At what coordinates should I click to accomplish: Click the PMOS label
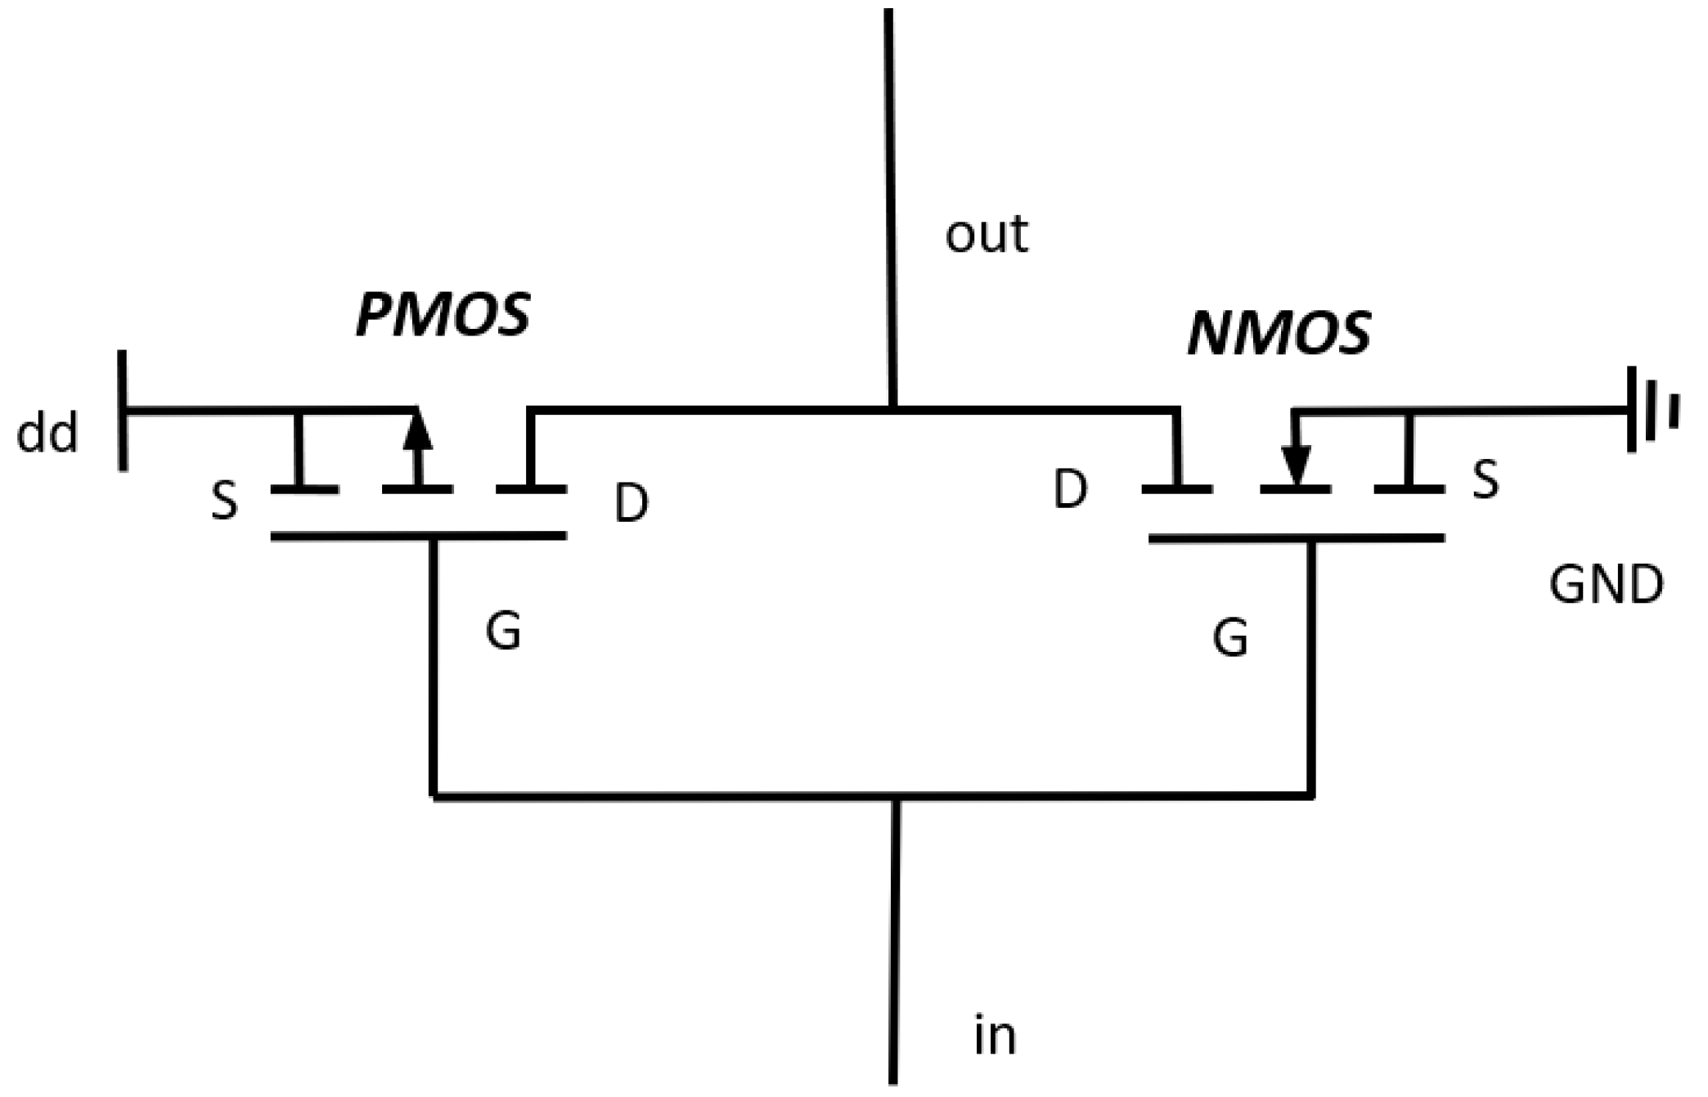(x=443, y=315)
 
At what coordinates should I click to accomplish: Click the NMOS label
(x=1279, y=334)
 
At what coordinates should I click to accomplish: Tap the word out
(x=986, y=235)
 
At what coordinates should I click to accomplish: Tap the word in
(x=995, y=1036)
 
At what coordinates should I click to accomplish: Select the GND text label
(x=1606, y=585)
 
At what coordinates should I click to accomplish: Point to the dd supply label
(x=47, y=433)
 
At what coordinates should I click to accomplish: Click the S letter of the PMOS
(x=224, y=501)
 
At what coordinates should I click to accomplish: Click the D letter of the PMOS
(x=632, y=503)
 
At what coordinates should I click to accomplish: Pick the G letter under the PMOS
(x=503, y=631)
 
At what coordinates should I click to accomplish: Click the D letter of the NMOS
(x=1071, y=489)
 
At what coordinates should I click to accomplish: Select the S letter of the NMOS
(x=1486, y=480)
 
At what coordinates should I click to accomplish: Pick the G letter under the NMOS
(x=1230, y=637)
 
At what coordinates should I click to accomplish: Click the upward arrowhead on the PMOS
(x=417, y=431)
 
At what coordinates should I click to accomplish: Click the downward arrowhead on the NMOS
(x=1295, y=465)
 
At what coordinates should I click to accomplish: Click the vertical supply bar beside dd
(x=123, y=411)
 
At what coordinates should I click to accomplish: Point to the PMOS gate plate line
(x=418, y=536)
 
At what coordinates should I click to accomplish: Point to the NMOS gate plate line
(x=1296, y=538)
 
